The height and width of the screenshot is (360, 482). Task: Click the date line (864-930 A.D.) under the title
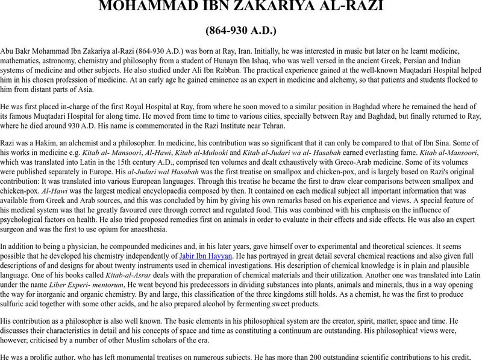click(x=241, y=30)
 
